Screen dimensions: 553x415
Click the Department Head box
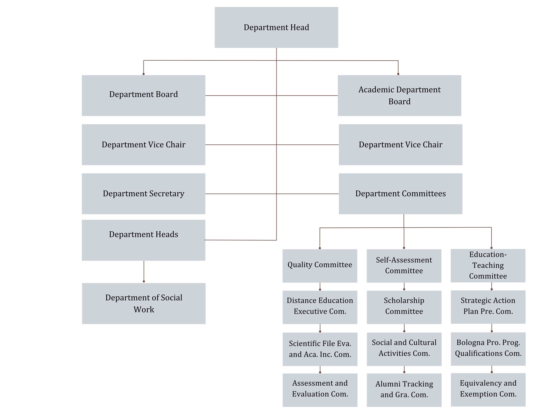(276, 27)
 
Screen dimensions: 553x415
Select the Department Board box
(143, 96)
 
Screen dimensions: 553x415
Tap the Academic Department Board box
(400, 96)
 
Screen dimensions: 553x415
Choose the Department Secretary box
(143, 194)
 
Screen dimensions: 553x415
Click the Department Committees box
(401, 194)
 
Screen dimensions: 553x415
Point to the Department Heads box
(143, 240)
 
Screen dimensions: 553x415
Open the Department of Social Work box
(144, 303)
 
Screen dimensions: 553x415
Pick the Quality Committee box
(320, 266)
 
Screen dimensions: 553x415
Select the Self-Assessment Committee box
(404, 266)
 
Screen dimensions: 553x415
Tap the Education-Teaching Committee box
(488, 266)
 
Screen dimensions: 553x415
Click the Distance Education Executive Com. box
(320, 307)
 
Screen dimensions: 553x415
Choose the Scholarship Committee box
(404, 307)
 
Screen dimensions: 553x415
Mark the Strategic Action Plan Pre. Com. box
(488, 307)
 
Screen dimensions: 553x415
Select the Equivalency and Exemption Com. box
(488, 390)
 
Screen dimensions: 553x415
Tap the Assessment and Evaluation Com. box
(320, 390)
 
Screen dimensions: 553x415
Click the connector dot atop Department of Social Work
(144, 281)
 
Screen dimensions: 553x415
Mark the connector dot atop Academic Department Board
(398, 74)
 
